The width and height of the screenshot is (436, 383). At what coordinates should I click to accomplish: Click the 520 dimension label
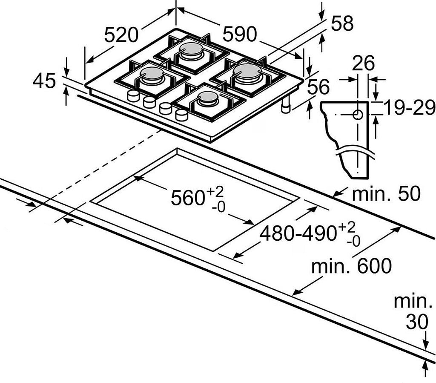(121, 35)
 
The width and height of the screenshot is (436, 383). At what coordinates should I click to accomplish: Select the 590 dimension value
(240, 34)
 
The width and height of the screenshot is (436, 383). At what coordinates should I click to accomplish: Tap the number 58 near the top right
(342, 23)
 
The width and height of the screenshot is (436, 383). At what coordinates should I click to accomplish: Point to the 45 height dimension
(44, 81)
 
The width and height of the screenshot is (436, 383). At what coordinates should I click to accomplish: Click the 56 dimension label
(318, 86)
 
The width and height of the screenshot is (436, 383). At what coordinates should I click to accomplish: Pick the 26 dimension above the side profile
(364, 63)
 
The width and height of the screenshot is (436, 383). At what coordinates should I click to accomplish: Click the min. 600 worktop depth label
(351, 266)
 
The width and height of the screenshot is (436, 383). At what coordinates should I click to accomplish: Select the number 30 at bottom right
(417, 322)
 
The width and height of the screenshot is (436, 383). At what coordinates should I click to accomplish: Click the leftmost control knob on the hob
(133, 96)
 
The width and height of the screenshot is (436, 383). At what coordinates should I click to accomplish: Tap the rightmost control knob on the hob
(181, 115)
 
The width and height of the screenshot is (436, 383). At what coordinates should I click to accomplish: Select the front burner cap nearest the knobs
(207, 97)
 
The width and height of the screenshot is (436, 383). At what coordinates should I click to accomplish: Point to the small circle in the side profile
(358, 115)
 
